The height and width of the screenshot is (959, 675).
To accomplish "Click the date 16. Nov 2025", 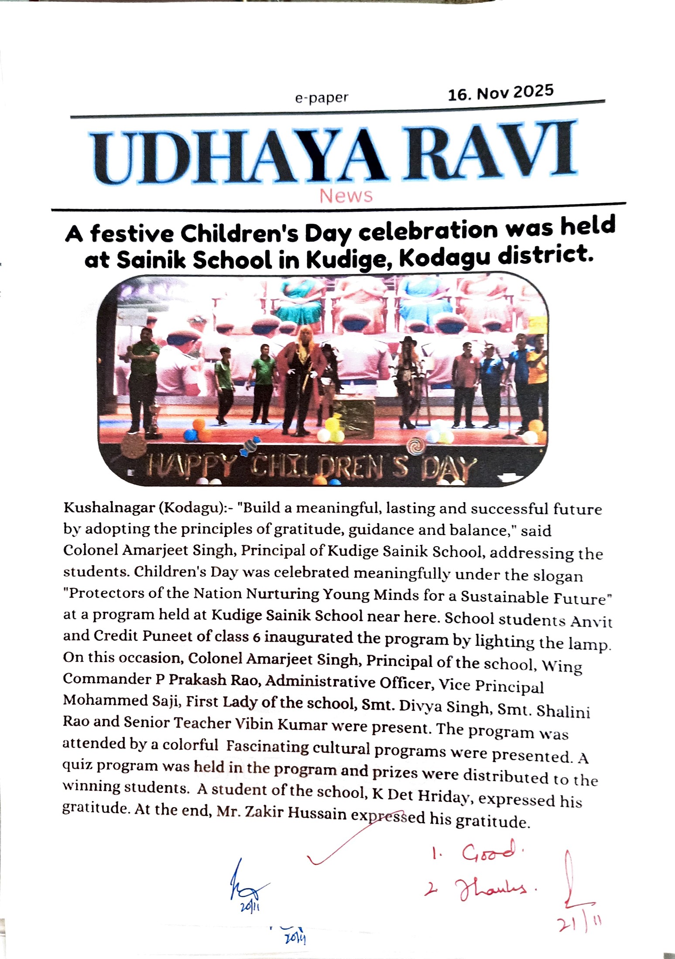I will [x=500, y=92].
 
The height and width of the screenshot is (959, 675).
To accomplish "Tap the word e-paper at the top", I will [x=322, y=98].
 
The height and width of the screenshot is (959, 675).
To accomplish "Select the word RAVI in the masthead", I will [x=489, y=150].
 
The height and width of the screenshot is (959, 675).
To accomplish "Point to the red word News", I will [x=346, y=196].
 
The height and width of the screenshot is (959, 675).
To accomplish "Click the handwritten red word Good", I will [x=489, y=852].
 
